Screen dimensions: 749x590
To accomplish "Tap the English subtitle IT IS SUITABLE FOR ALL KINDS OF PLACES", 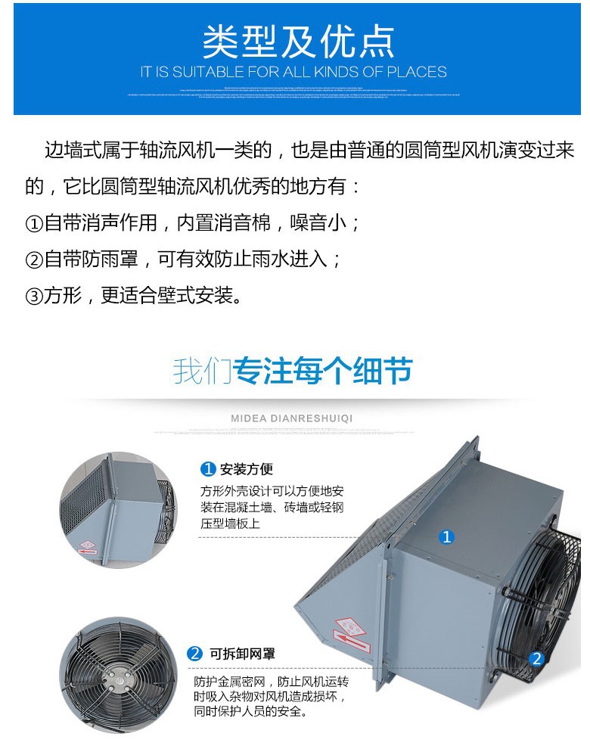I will [293, 73].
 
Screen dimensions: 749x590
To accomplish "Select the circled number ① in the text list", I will [35, 223].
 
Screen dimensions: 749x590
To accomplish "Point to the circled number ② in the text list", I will [35, 260].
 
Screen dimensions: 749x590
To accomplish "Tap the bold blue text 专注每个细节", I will [323, 371].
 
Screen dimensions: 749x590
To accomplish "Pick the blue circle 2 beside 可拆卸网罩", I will [195, 654].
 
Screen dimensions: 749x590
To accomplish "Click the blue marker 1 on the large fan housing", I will [447, 537].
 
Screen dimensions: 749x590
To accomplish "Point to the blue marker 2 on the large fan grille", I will [537, 658].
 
